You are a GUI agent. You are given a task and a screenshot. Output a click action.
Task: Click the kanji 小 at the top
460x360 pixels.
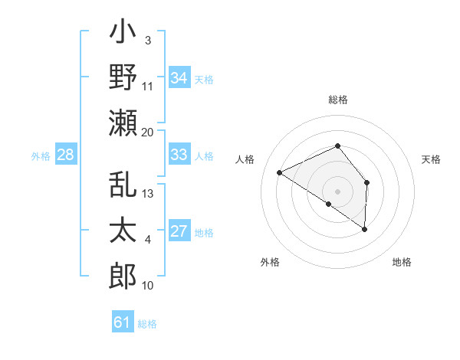[x=123, y=35]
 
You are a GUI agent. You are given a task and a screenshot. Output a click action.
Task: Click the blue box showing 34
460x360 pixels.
[x=179, y=77]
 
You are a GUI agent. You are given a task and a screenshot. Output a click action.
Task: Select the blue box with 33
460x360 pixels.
[x=179, y=154]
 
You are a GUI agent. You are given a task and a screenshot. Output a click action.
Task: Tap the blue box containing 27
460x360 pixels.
[x=179, y=231]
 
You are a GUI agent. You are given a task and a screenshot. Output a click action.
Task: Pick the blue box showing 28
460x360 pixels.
[x=65, y=155]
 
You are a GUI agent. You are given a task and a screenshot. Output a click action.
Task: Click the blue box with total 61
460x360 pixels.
[x=123, y=322]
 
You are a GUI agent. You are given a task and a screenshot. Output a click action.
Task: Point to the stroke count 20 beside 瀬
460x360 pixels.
[x=148, y=133]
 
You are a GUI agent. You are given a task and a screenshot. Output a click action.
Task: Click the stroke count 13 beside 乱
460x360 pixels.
[x=149, y=194]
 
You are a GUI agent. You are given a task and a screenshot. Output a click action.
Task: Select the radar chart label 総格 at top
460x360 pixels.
[x=337, y=100]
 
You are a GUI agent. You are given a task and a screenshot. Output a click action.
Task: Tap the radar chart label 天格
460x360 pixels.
[x=432, y=159]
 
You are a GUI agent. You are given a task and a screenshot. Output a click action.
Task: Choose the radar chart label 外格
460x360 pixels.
[x=270, y=262]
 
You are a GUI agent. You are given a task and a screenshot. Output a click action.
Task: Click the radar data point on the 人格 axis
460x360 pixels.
[x=280, y=173]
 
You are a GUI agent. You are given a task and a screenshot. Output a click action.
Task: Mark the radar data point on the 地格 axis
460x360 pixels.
[x=365, y=229]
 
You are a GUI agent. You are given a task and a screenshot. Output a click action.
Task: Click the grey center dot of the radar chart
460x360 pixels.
[x=337, y=191]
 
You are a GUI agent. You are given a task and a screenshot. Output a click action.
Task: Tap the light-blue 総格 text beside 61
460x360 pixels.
[x=147, y=324]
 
